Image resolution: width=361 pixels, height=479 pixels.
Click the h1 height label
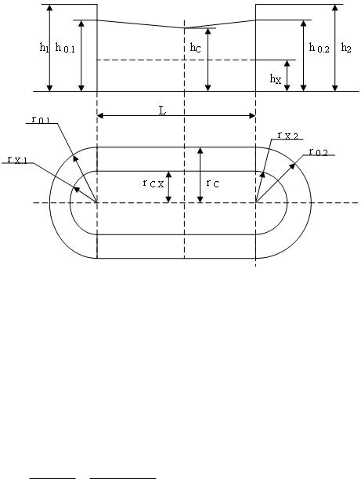[x=45, y=47]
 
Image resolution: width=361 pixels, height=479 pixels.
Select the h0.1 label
[x=65, y=48]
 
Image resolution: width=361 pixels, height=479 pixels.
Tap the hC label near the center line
[x=195, y=48]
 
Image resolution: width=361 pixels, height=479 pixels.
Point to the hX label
[x=275, y=79]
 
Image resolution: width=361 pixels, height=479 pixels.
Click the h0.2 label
[x=319, y=48]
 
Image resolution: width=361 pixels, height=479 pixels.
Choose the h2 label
[x=346, y=48]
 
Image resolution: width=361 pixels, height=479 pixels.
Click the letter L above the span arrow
[x=163, y=111]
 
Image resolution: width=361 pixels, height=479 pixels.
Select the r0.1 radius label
[x=41, y=119]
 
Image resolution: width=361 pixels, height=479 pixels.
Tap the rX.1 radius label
[x=17, y=159]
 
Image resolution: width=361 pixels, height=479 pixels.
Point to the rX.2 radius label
[x=287, y=136]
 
